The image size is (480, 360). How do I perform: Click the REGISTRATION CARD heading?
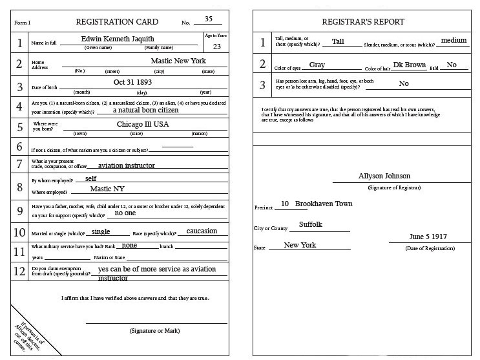[117, 22]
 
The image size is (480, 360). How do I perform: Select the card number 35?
[208, 19]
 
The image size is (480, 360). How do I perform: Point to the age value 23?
[216, 46]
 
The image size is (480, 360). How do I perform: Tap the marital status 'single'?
[101, 231]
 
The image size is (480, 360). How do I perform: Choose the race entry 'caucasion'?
[202, 231]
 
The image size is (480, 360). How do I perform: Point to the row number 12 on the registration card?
[20, 271]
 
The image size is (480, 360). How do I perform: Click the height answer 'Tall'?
[338, 41]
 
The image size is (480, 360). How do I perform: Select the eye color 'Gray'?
[317, 65]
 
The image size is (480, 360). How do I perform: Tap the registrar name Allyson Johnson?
[384, 176]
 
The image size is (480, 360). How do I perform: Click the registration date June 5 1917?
[428, 237]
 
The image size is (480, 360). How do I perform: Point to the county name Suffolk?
[310, 224]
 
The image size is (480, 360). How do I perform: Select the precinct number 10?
[284, 204]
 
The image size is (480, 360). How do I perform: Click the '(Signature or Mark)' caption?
[155, 330]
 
